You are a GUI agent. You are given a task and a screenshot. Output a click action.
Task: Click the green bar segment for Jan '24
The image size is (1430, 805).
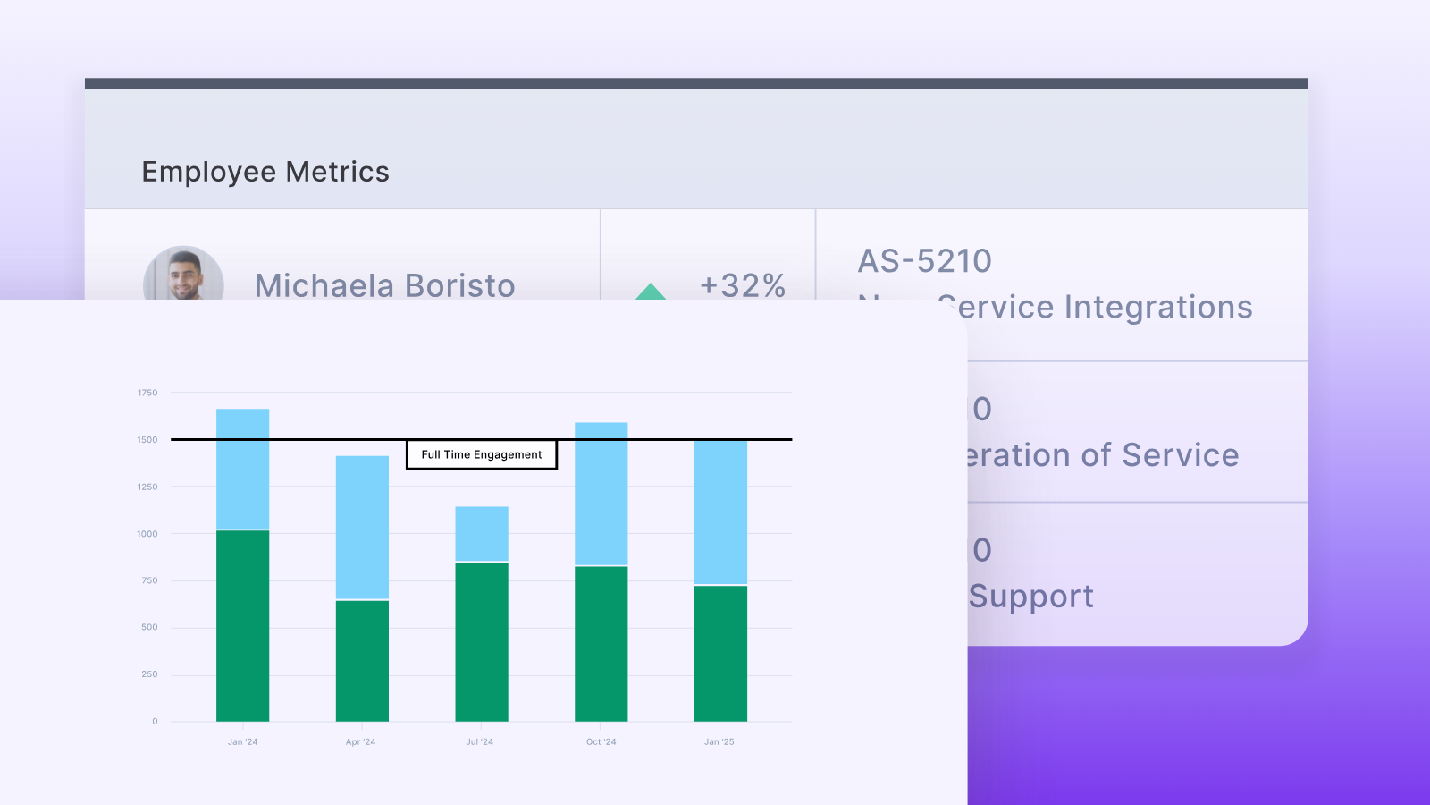242,625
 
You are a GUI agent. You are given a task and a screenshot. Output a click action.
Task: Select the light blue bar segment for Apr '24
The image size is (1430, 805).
362,527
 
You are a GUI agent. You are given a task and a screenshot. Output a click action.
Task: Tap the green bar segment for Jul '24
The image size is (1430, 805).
482,641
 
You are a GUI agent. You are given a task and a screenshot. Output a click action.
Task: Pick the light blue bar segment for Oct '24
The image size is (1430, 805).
601,494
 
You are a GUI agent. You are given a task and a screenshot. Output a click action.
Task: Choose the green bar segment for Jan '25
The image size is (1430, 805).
720,653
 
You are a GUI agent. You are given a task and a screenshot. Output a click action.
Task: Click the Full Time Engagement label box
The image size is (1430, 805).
482,454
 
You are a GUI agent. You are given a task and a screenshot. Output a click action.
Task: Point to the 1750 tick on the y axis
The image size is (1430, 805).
147,393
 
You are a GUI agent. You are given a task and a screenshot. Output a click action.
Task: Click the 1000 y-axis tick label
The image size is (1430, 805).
147,534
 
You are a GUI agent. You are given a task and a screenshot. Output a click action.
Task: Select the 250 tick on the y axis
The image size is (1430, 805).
149,674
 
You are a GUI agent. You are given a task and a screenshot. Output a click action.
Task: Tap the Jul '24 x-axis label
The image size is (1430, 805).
480,742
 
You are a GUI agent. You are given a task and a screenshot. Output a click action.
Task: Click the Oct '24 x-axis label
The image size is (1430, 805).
601,742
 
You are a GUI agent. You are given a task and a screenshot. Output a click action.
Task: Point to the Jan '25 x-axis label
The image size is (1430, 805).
719,742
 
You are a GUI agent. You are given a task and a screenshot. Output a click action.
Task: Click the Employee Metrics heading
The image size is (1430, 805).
265,172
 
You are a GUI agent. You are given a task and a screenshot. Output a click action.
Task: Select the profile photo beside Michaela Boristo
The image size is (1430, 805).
183,275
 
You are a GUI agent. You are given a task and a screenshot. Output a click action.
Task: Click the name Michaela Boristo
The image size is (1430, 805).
384,285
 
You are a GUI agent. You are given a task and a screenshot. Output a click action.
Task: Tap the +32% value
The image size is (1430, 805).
743,285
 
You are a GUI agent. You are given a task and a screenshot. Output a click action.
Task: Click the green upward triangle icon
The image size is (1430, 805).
651,292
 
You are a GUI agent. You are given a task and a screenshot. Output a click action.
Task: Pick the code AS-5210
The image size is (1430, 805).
925,261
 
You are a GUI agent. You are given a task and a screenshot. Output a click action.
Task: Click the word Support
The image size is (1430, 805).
1031,597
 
